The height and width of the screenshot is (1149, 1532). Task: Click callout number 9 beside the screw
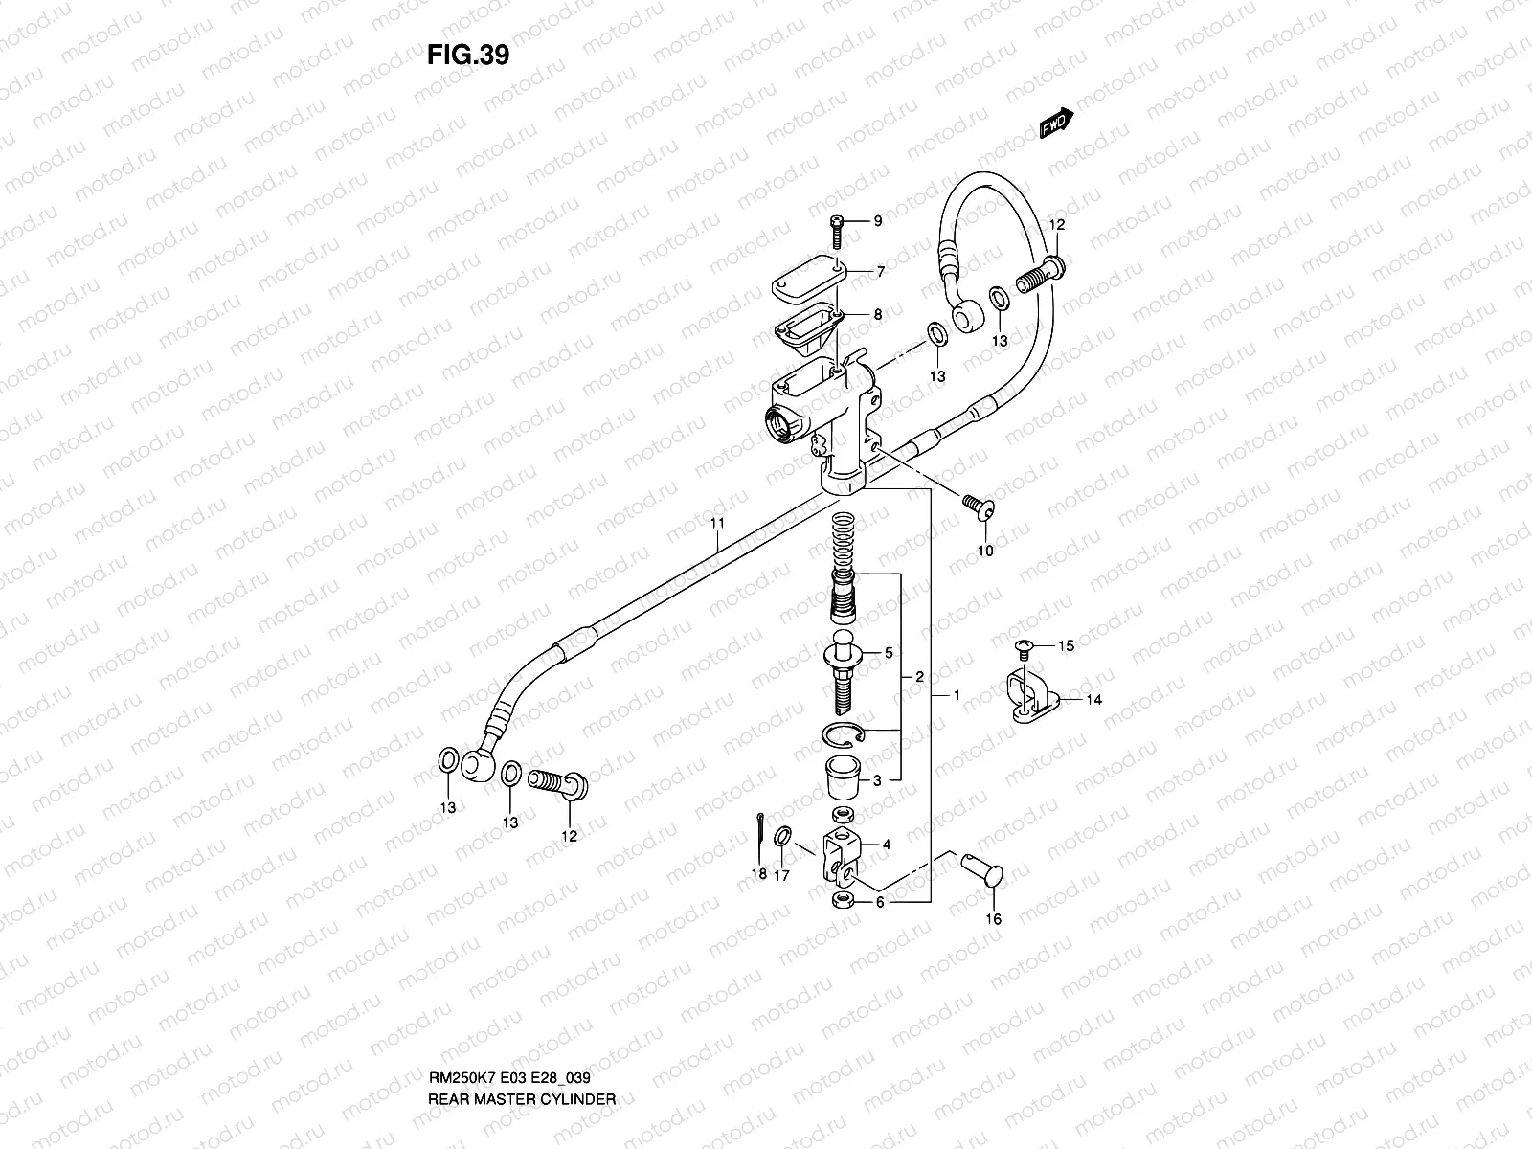point(876,221)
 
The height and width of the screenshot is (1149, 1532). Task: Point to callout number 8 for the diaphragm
point(876,314)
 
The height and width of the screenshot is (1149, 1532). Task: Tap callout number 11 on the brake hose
point(717,523)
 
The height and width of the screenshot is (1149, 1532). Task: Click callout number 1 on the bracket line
point(957,695)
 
